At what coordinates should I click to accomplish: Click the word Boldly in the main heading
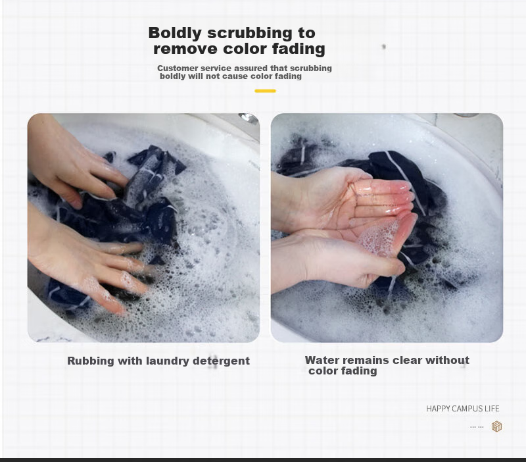175,34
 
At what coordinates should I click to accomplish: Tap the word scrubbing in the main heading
250,34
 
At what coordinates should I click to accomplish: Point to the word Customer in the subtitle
178,68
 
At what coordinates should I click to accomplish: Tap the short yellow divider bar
265,91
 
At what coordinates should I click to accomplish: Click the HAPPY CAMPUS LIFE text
463,409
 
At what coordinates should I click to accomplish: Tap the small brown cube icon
496,426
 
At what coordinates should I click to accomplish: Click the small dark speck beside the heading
384,46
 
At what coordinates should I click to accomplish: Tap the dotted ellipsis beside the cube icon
477,427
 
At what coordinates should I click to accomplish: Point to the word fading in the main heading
299,48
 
